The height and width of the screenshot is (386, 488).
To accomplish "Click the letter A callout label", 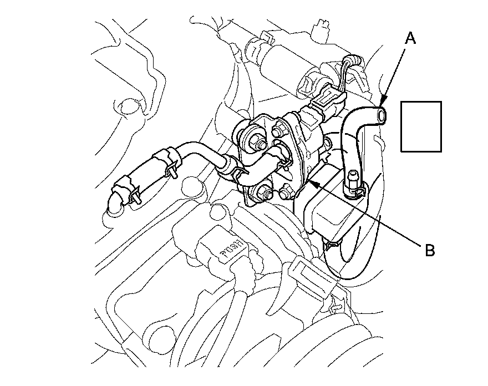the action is tap(410, 38).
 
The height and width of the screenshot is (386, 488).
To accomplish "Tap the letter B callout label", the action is tap(429, 250).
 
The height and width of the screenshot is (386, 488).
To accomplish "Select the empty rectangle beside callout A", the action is tap(421, 126).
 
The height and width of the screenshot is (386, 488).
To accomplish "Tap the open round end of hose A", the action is tap(380, 115).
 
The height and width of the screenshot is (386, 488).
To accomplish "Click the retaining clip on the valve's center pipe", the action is tap(284, 160).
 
